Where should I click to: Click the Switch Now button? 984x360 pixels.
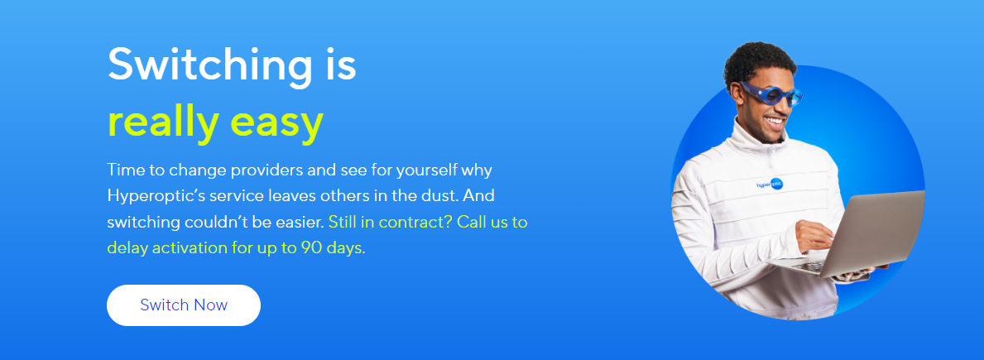coord(183,305)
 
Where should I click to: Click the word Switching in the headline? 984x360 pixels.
coord(209,65)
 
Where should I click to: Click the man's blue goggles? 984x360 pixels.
coord(771,94)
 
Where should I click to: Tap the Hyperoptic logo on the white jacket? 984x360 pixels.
coord(770,185)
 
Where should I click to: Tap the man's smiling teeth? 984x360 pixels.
coord(775,120)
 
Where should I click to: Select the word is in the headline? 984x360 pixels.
coord(340,65)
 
